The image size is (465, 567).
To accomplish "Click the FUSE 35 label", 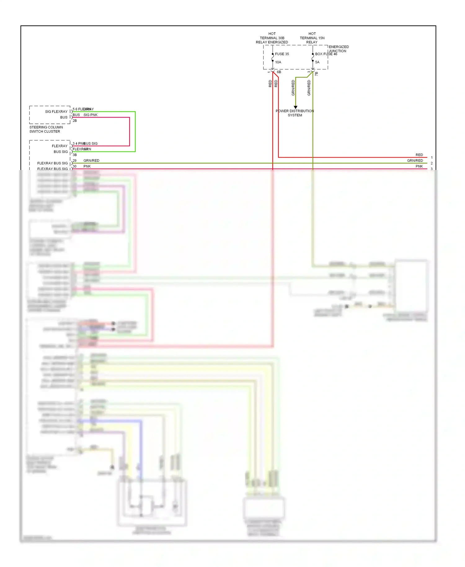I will tap(281, 54).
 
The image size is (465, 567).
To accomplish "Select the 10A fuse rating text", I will tap(278, 62).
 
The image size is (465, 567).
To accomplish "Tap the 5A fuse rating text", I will tap(317, 62).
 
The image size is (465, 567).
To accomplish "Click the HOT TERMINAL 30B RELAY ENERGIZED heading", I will tap(272, 38).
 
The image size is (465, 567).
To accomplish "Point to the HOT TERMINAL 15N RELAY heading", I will tap(312, 38).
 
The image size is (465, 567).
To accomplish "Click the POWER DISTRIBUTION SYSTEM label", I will tap(295, 113).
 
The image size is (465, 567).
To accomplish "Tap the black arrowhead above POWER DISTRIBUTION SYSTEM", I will tap(295, 107).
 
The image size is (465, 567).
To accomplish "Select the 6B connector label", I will tap(279, 72).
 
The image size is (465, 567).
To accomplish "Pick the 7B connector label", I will tap(317, 74).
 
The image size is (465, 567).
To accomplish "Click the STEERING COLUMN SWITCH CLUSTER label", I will tap(46, 129).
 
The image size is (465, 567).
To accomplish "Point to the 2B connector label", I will tap(75, 121).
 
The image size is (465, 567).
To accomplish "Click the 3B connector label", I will tap(75, 155).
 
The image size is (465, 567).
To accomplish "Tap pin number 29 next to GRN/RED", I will tap(75, 161).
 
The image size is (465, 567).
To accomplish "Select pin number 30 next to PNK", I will tap(75, 167).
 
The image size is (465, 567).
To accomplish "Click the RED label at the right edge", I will tap(419, 155).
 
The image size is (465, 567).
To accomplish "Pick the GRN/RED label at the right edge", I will tap(415, 161).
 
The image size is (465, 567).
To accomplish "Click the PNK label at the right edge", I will tap(419, 167).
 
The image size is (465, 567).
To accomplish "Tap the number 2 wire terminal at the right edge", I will tap(432, 163).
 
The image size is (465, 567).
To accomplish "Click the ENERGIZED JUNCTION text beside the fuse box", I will tap(339, 49).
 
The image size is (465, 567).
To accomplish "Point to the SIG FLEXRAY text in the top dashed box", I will tap(56, 112).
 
